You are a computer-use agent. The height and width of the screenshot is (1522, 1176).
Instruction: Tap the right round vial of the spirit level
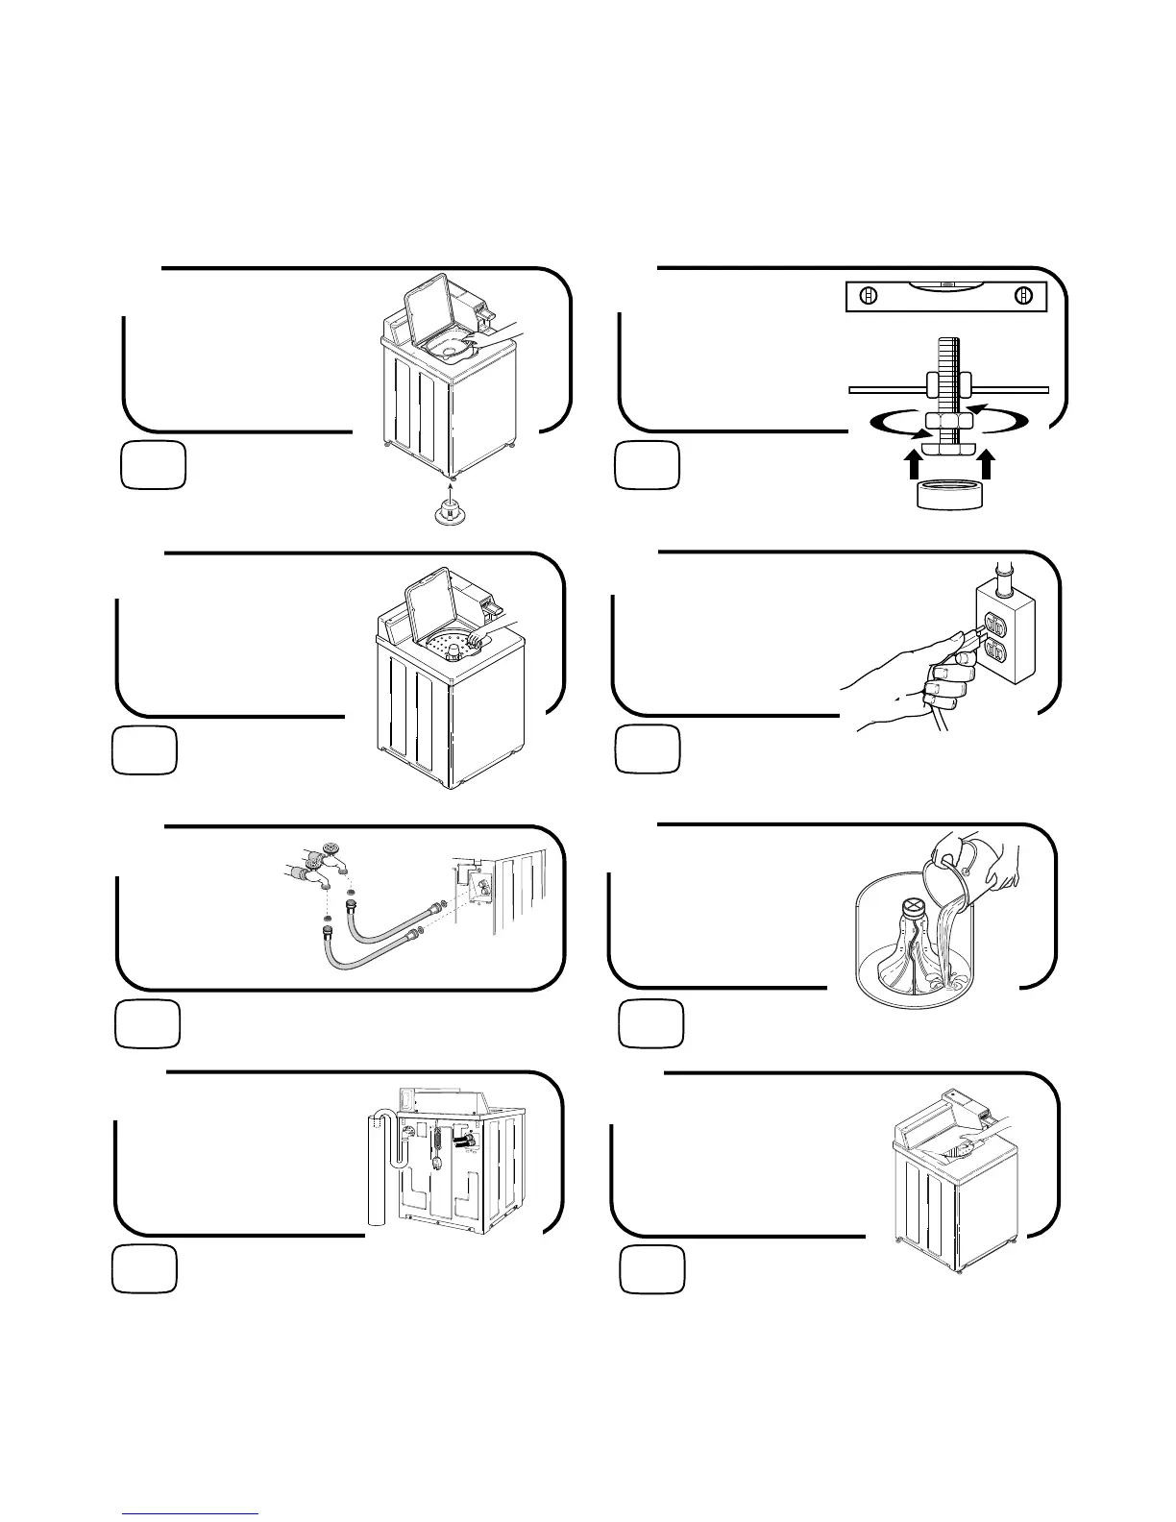[x=1022, y=297]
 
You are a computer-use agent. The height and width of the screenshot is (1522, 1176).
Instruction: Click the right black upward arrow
[x=987, y=466]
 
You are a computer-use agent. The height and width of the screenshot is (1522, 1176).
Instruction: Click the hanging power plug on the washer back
[x=436, y=1163]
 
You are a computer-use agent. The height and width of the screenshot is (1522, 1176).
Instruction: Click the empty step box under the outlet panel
[x=648, y=749]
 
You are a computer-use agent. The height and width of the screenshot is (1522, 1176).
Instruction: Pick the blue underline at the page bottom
[x=190, y=1513]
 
